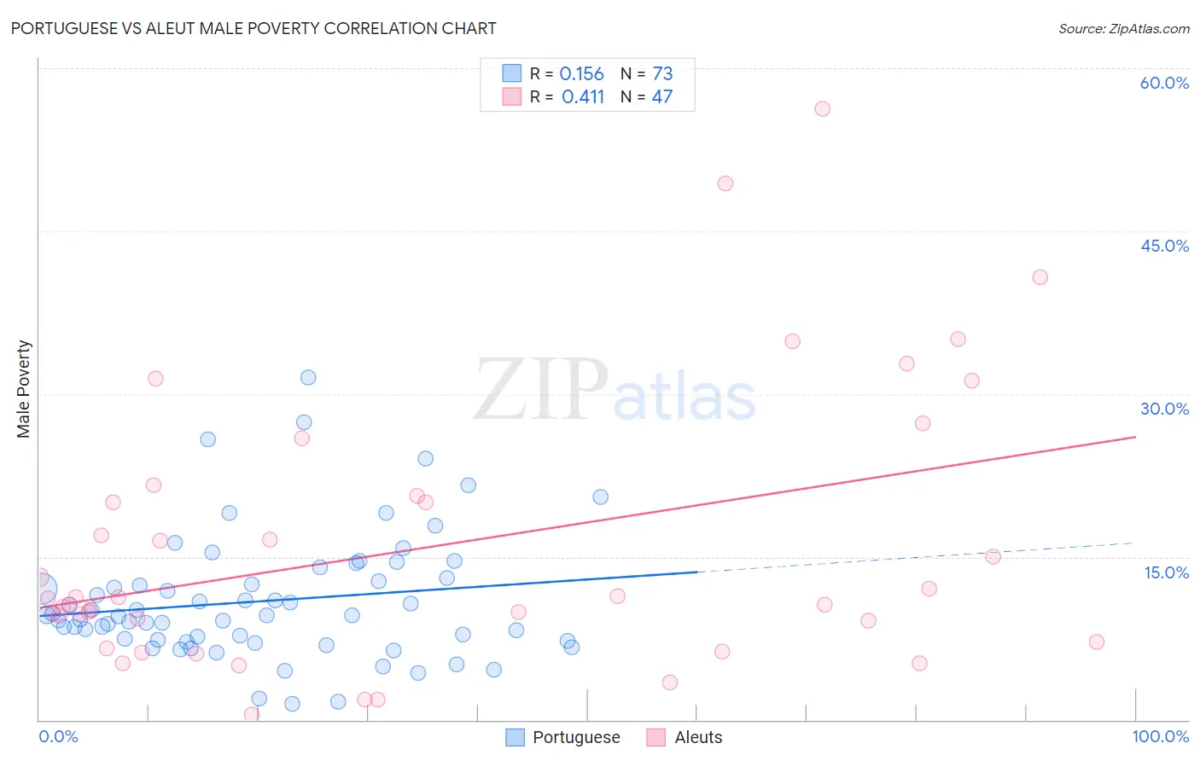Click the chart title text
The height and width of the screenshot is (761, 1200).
tap(253, 28)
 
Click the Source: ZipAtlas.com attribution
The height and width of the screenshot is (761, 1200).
tap(1123, 28)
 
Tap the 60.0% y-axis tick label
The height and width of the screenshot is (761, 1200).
tap(1164, 83)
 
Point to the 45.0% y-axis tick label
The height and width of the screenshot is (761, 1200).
tap(1164, 246)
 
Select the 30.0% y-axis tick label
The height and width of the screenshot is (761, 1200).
tap(1164, 409)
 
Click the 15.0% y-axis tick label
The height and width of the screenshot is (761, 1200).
tap(1166, 572)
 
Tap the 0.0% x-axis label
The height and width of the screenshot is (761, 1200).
tap(58, 736)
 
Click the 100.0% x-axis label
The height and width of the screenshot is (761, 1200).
tap(1160, 736)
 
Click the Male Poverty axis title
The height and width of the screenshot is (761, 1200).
tap(24, 389)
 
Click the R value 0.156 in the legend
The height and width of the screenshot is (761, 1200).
tap(581, 74)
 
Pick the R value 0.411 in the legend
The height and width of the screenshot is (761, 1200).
tap(582, 97)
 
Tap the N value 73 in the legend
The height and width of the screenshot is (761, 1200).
tap(662, 74)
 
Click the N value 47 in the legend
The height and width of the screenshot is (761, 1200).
tap(662, 97)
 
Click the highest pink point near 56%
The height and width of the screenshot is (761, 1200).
tap(822, 108)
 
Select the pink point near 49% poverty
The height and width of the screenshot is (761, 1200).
tap(725, 183)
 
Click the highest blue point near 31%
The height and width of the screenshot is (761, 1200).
tap(308, 377)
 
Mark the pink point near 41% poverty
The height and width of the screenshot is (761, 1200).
tap(1040, 277)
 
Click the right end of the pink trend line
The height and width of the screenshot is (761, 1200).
tap(1134, 437)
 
